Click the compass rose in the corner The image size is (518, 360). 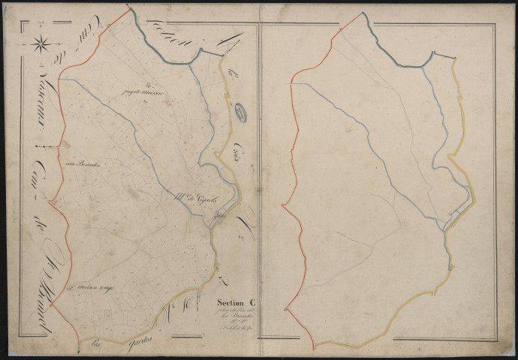click(41, 44)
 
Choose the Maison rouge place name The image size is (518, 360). click(93, 286)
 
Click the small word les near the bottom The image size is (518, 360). click(95, 346)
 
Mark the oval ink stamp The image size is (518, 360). click(241, 112)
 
